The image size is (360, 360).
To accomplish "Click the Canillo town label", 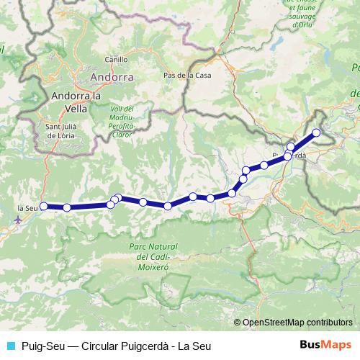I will click(x=116, y=60).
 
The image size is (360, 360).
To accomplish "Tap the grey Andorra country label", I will click(x=112, y=76).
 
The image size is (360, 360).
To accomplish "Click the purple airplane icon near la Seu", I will click(x=18, y=219).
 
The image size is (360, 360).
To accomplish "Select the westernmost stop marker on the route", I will click(x=43, y=206).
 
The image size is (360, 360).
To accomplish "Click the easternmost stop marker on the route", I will click(x=316, y=132).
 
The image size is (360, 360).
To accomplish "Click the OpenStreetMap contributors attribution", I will click(x=297, y=323).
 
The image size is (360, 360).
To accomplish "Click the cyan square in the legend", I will click(x=11, y=346).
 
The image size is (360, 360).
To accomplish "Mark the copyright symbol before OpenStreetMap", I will click(x=238, y=323).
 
